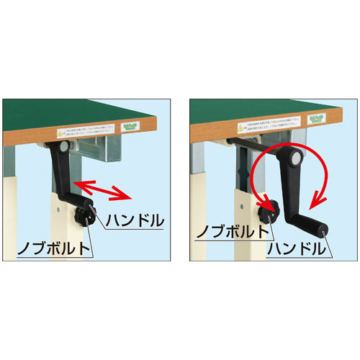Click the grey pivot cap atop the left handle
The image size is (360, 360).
click(66, 146)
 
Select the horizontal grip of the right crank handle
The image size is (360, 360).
click(309, 225)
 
